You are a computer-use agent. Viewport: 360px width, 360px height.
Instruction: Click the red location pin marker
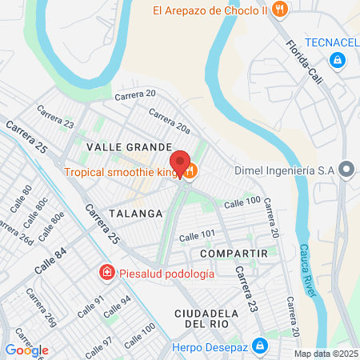point(181,162)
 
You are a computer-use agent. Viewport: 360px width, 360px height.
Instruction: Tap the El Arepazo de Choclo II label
point(210,10)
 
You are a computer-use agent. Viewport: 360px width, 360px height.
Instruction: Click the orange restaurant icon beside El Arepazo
point(279,10)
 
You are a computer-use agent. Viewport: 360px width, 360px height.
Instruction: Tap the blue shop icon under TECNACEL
point(338,60)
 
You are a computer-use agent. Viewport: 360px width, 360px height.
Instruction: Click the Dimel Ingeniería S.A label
point(284,170)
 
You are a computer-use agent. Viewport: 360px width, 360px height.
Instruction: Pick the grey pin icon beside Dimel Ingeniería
point(346,169)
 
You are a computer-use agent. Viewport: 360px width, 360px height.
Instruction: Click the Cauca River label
point(309,270)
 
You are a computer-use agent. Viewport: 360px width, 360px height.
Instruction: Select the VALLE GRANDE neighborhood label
point(129,148)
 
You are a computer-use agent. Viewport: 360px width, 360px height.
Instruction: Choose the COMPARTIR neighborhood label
point(233,253)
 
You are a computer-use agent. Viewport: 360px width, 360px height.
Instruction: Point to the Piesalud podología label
point(166,274)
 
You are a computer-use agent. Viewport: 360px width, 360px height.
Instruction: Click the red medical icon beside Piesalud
point(106,274)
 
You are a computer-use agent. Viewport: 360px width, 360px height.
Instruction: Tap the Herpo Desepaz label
point(210,346)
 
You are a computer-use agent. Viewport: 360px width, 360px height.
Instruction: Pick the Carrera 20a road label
point(169,120)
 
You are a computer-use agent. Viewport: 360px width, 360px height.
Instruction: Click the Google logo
point(26,350)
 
